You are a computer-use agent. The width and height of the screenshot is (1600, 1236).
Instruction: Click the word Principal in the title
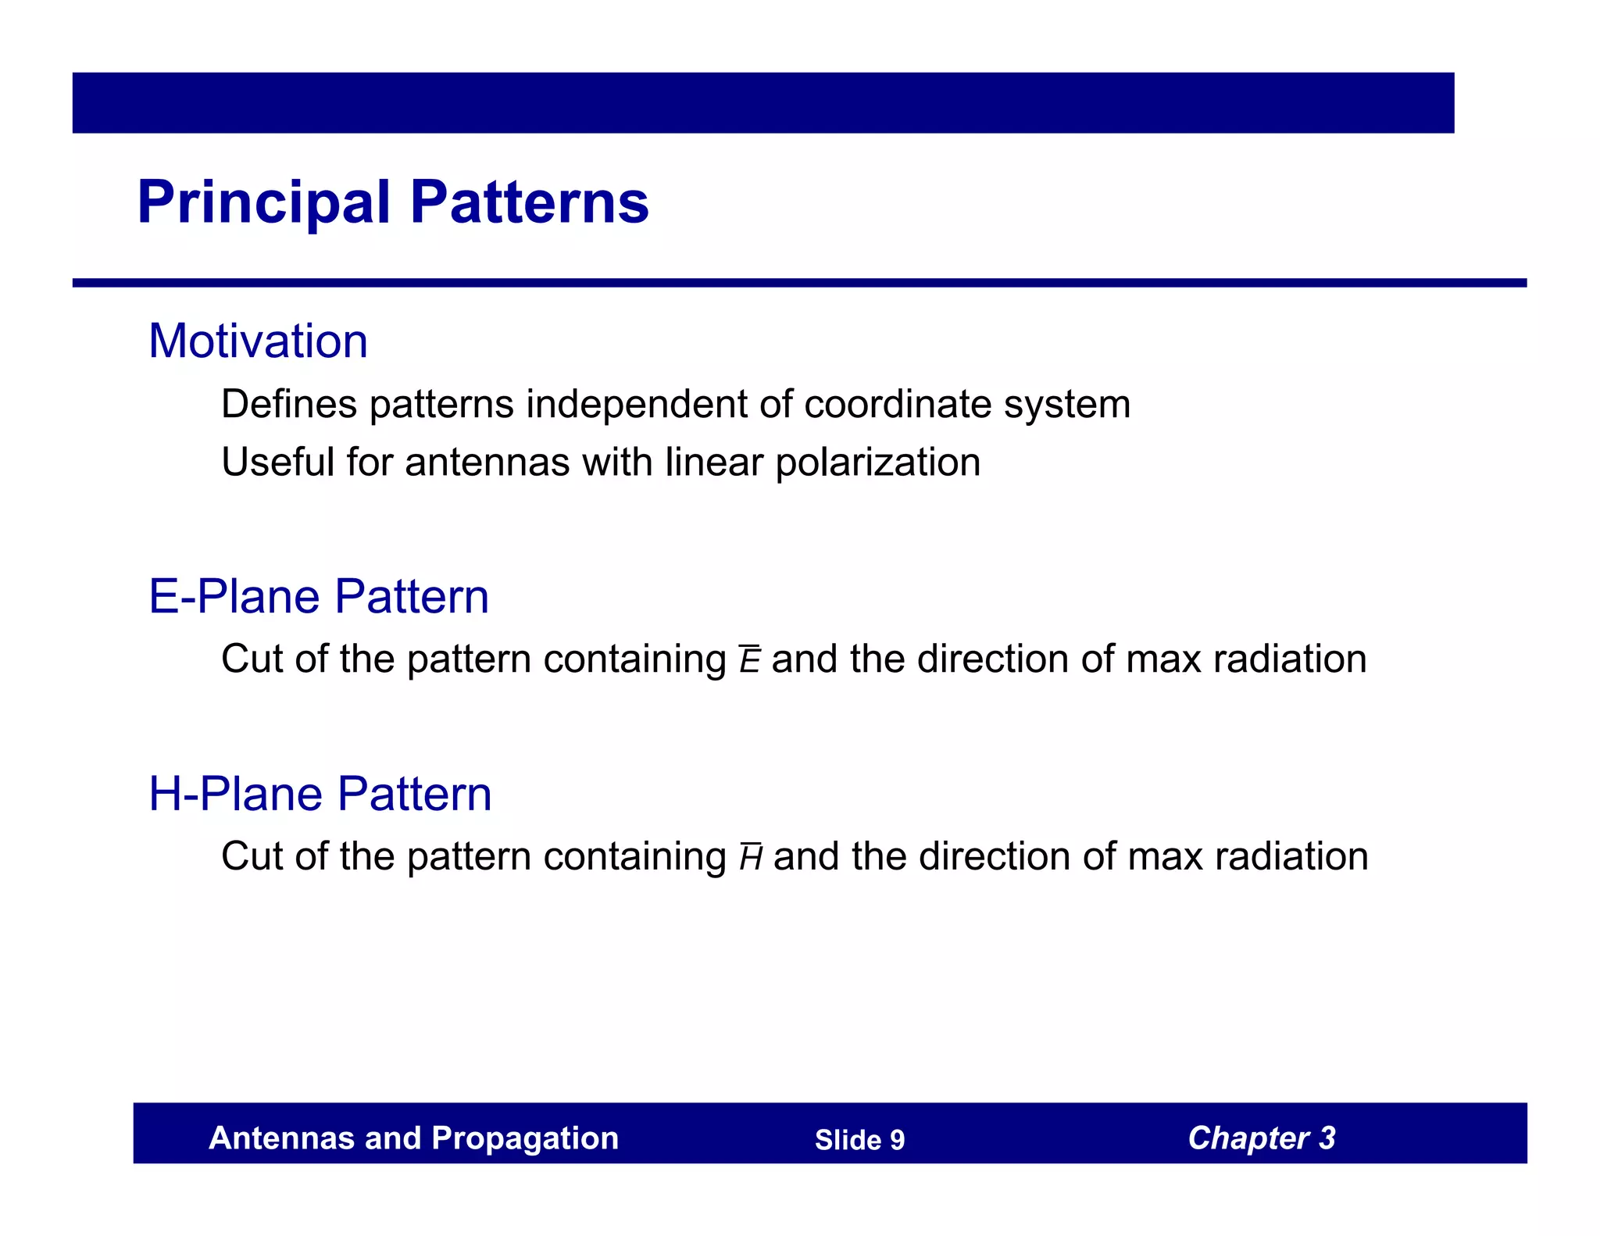click(263, 203)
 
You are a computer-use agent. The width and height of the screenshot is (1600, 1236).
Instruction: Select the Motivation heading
click(258, 341)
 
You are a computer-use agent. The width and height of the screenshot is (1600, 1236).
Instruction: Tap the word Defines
click(289, 405)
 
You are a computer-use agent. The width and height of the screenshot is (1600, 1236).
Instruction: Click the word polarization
click(877, 463)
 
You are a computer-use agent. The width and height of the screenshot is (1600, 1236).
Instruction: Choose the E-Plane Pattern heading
click(319, 597)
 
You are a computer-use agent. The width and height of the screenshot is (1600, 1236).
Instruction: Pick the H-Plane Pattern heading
click(320, 794)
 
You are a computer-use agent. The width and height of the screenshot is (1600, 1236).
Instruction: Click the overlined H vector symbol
click(751, 858)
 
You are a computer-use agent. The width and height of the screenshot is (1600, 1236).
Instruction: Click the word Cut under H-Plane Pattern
click(252, 856)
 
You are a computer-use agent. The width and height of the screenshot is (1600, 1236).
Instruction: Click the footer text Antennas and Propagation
click(413, 1138)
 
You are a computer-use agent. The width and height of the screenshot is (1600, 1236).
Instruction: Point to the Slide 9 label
click(859, 1140)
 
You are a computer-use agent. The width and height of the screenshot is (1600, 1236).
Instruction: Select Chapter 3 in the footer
click(1261, 1138)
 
